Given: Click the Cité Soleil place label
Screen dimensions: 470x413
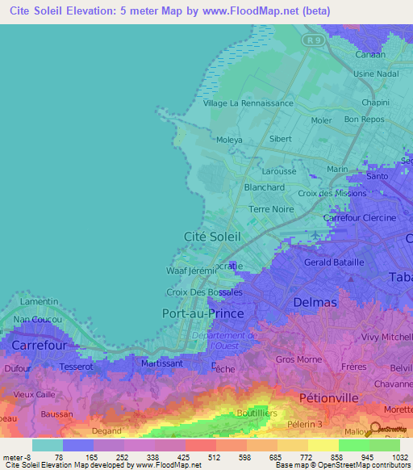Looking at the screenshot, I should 208,236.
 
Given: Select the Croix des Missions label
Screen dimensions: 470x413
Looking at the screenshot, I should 332,193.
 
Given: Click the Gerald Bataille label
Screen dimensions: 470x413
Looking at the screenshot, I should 334,262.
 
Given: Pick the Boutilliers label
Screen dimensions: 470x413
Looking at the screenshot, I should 258,413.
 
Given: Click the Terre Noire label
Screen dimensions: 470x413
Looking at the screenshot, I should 270,208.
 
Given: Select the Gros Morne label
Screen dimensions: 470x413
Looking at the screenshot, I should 298,359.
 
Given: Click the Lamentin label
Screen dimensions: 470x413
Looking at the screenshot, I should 39,300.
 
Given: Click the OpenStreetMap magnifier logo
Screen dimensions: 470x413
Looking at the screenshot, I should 376,429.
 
